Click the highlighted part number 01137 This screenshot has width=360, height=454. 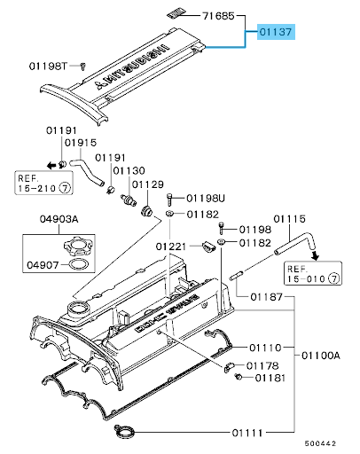click(x=278, y=33)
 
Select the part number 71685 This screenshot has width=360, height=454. click(x=218, y=16)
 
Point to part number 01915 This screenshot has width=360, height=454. click(x=81, y=143)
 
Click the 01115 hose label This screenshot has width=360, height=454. click(x=289, y=217)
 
